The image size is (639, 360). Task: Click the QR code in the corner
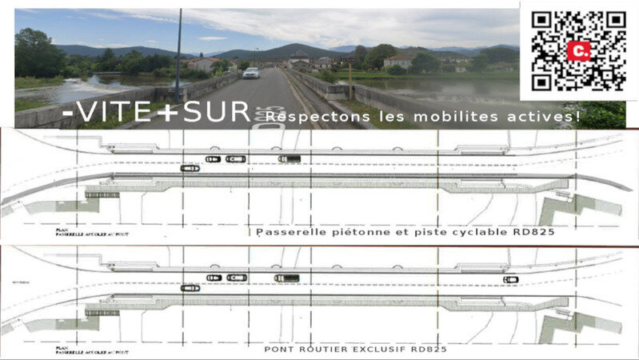pos(580,50)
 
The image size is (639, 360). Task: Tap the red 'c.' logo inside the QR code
pos(579,50)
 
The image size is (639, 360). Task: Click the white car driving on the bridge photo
pos(251,73)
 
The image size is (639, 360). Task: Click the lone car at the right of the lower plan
pos(510,279)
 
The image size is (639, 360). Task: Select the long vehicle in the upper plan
pos(290,159)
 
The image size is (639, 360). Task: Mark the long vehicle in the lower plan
pos(286,278)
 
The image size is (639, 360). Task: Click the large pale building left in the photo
pos(205,63)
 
